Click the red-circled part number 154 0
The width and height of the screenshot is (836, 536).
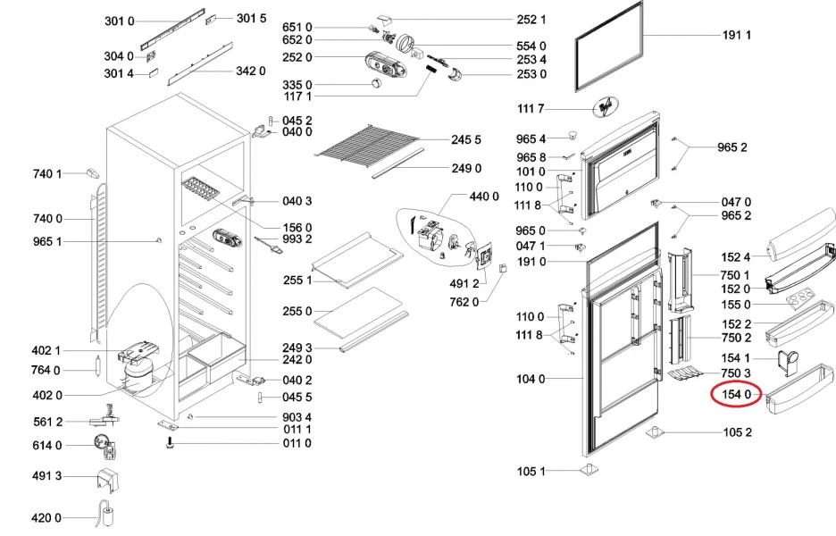pos(736,395)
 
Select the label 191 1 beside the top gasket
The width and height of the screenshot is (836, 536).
pos(737,35)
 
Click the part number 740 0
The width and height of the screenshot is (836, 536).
pos(47,219)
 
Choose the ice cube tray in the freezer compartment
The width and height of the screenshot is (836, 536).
pos(201,188)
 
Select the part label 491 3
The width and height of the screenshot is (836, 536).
pos(47,476)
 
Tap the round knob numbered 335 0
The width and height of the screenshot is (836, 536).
pos(377,83)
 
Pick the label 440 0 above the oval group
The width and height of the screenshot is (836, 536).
pos(484,197)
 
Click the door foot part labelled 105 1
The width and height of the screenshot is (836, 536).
pos(589,470)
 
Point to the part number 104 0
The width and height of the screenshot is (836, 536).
pos(531,379)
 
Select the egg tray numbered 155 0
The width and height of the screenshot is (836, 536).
pos(801,297)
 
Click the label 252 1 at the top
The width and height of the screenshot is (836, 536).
pos(531,20)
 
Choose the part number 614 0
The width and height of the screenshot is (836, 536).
pos(47,445)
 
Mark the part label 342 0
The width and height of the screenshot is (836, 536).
pos(251,71)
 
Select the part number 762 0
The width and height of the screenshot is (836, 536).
pos(464,302)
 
